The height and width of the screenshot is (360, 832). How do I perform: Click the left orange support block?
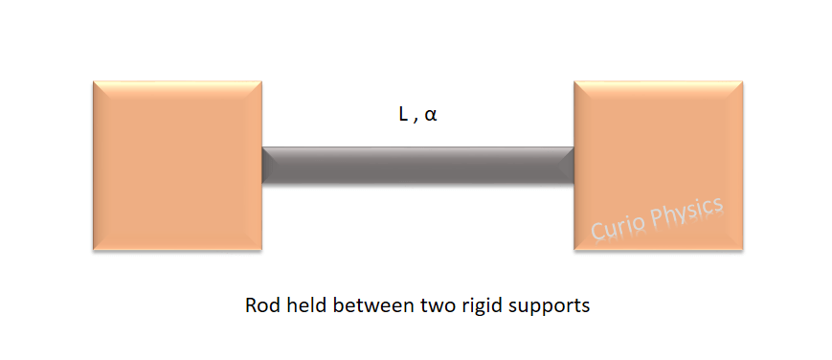coord(177,166)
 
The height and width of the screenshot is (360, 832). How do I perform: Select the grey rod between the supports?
coord(417,166)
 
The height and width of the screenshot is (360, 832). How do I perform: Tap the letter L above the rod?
coord(403,114)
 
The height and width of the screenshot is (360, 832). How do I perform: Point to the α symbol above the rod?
coord(431,115)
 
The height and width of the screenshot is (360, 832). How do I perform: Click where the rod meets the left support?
coord(262,166)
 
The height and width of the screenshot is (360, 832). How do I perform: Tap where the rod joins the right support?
coord(573,166)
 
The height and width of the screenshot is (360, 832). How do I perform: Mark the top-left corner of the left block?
coord(93,81)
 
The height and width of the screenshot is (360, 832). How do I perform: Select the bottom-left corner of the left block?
coord(93,251)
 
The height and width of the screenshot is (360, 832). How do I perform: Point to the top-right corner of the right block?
coord(743,81)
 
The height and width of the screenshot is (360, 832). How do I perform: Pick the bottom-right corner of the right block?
coord(743,251)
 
